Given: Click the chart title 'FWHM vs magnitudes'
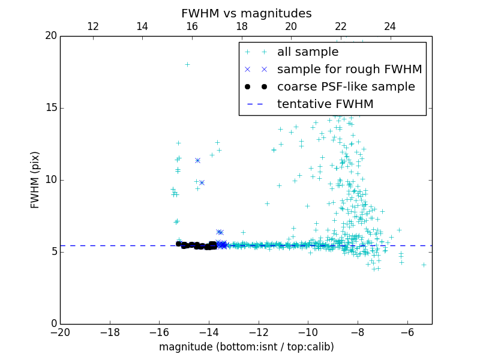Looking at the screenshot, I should (246, 13).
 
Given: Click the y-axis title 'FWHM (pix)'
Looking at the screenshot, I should (35, 180).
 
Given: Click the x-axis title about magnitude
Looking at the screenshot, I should (246, 347).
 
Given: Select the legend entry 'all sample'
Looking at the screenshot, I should (307, 52).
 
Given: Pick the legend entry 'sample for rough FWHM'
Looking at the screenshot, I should (349, 70).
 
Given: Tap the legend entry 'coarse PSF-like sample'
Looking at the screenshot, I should (346, 86).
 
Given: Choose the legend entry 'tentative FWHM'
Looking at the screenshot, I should (325, 104).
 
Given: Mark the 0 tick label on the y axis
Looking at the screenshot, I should (53, 324).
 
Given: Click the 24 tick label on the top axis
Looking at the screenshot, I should (390, 26).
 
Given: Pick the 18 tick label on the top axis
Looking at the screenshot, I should (242, 26).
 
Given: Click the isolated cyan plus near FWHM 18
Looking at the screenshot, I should (187, 64).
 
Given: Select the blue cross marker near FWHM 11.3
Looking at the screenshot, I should (197, 160).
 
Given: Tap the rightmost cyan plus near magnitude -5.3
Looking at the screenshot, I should (424, 265).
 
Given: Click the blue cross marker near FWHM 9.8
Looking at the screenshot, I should (202, 182).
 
